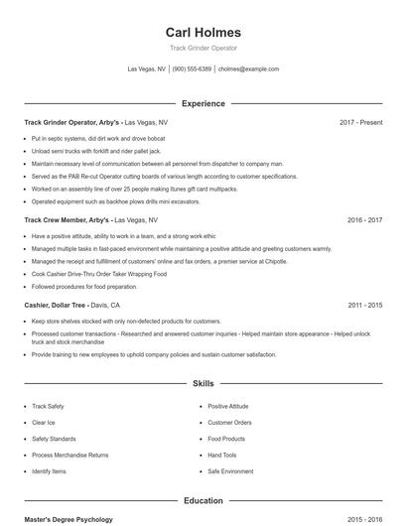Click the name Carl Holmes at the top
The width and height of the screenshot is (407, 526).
click(203, 32)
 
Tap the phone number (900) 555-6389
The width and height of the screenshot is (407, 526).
click(193, 69)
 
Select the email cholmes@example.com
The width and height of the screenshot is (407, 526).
click(248, 69)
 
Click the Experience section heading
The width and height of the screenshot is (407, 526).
click(203, 103)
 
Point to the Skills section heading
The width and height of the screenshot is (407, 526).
click(203, 382)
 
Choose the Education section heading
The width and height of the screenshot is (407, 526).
click(203, 501)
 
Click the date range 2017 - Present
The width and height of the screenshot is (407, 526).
click(360, 122)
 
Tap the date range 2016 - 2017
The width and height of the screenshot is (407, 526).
click(364, 219)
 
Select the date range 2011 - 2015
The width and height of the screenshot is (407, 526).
click(364, 306)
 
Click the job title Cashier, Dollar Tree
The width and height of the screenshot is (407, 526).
click(58, 306)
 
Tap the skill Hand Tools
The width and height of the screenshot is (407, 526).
click(223, 455)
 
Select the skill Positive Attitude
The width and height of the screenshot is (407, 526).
click(229, 406)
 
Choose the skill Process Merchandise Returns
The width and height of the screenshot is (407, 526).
click(70, 455)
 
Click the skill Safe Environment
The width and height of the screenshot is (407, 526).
click(231, 471)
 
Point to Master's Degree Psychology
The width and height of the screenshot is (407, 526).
click(68, 519)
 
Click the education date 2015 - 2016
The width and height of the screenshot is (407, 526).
click(364, 519)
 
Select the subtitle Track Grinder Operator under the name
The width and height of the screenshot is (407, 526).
click(203, 48)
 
